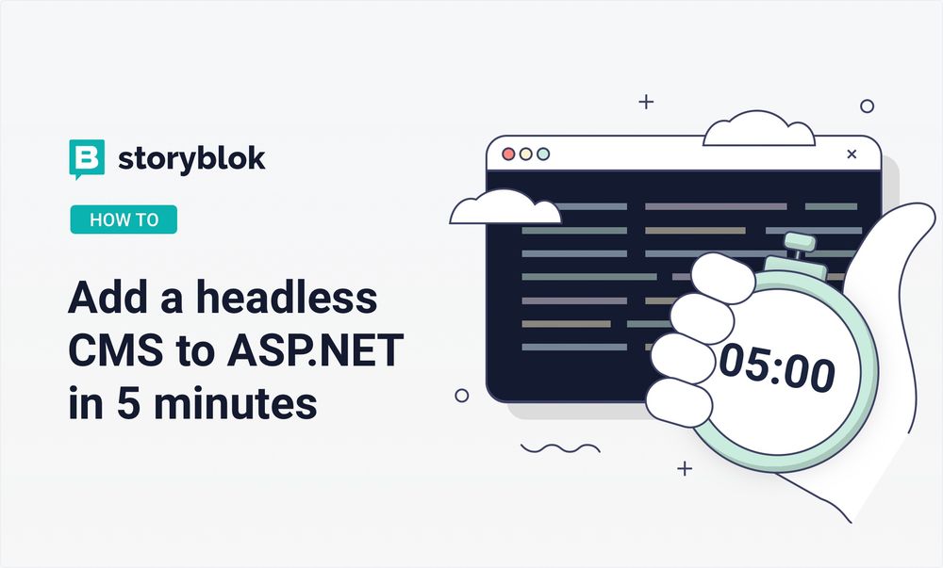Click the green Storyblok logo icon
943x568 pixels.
(87, 159)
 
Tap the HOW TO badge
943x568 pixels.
(124, 219)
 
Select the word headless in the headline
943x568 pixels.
(287, 298)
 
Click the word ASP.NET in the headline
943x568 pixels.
(315, 350)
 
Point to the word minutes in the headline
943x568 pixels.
(235, 403)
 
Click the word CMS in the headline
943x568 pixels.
(116, 350)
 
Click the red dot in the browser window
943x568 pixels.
(508, 154)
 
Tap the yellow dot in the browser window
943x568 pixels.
(525, 154)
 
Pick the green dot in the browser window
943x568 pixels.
(543, 154)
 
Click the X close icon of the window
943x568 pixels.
(852, 154)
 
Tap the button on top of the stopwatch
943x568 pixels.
(800, 243)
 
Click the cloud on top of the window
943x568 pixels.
(759, 128)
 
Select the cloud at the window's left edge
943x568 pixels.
(505, 208)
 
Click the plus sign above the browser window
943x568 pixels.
(646, 102)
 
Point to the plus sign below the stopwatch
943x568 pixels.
(685, 468)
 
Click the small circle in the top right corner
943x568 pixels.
(867, 106)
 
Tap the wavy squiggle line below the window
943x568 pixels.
(560, 448)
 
